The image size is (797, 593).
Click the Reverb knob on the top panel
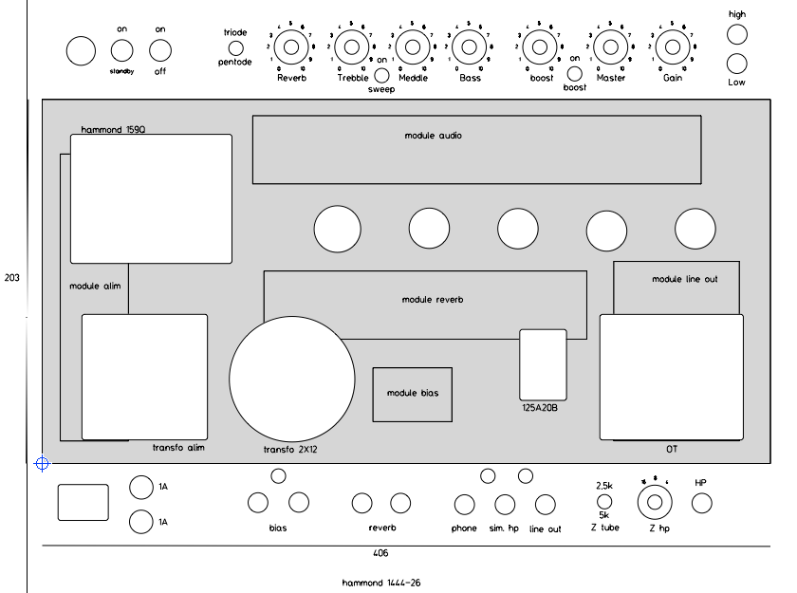click(291, 46)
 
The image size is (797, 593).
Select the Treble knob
click(351, 46)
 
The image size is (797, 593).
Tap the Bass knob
click(469, 46)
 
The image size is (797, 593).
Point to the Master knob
click(611, 46)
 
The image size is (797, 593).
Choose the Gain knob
click(671, 46)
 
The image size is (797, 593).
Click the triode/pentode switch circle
click(236, 46)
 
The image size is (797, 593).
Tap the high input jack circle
click(737, 34)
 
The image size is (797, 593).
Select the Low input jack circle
click(737, 65)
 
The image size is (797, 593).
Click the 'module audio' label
click(433, 136)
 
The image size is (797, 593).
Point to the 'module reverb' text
click(432, 300)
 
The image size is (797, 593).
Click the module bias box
click(412, 394)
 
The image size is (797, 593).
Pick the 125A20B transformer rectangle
click(543, 364)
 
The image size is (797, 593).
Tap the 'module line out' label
click(684, 279)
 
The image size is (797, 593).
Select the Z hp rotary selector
click(653, 503)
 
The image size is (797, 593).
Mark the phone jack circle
click(464, 506)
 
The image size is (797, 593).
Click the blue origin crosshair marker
click(41, 464)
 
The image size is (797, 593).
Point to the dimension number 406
click(380, 552)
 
